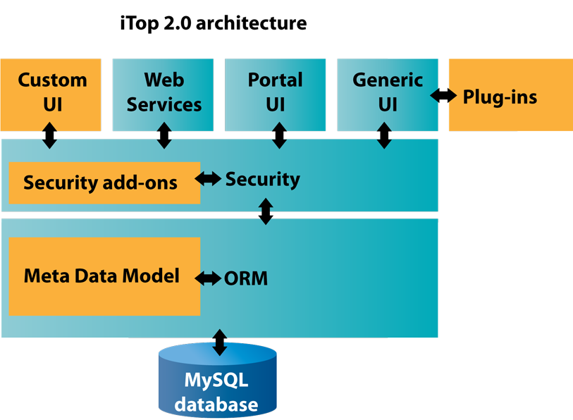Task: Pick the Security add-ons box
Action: tap(104, 183)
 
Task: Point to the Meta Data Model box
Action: tap(104, 276)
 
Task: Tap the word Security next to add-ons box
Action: tap(263, 179)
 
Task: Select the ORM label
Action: tap(246, 278)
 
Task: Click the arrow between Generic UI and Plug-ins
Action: tap(443, 95)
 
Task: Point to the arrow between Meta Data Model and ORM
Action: tap(208, 278)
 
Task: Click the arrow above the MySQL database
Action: tap(220, 342)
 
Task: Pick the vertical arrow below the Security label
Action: tap(266, 211)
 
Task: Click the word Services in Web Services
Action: tap(164, 104)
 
